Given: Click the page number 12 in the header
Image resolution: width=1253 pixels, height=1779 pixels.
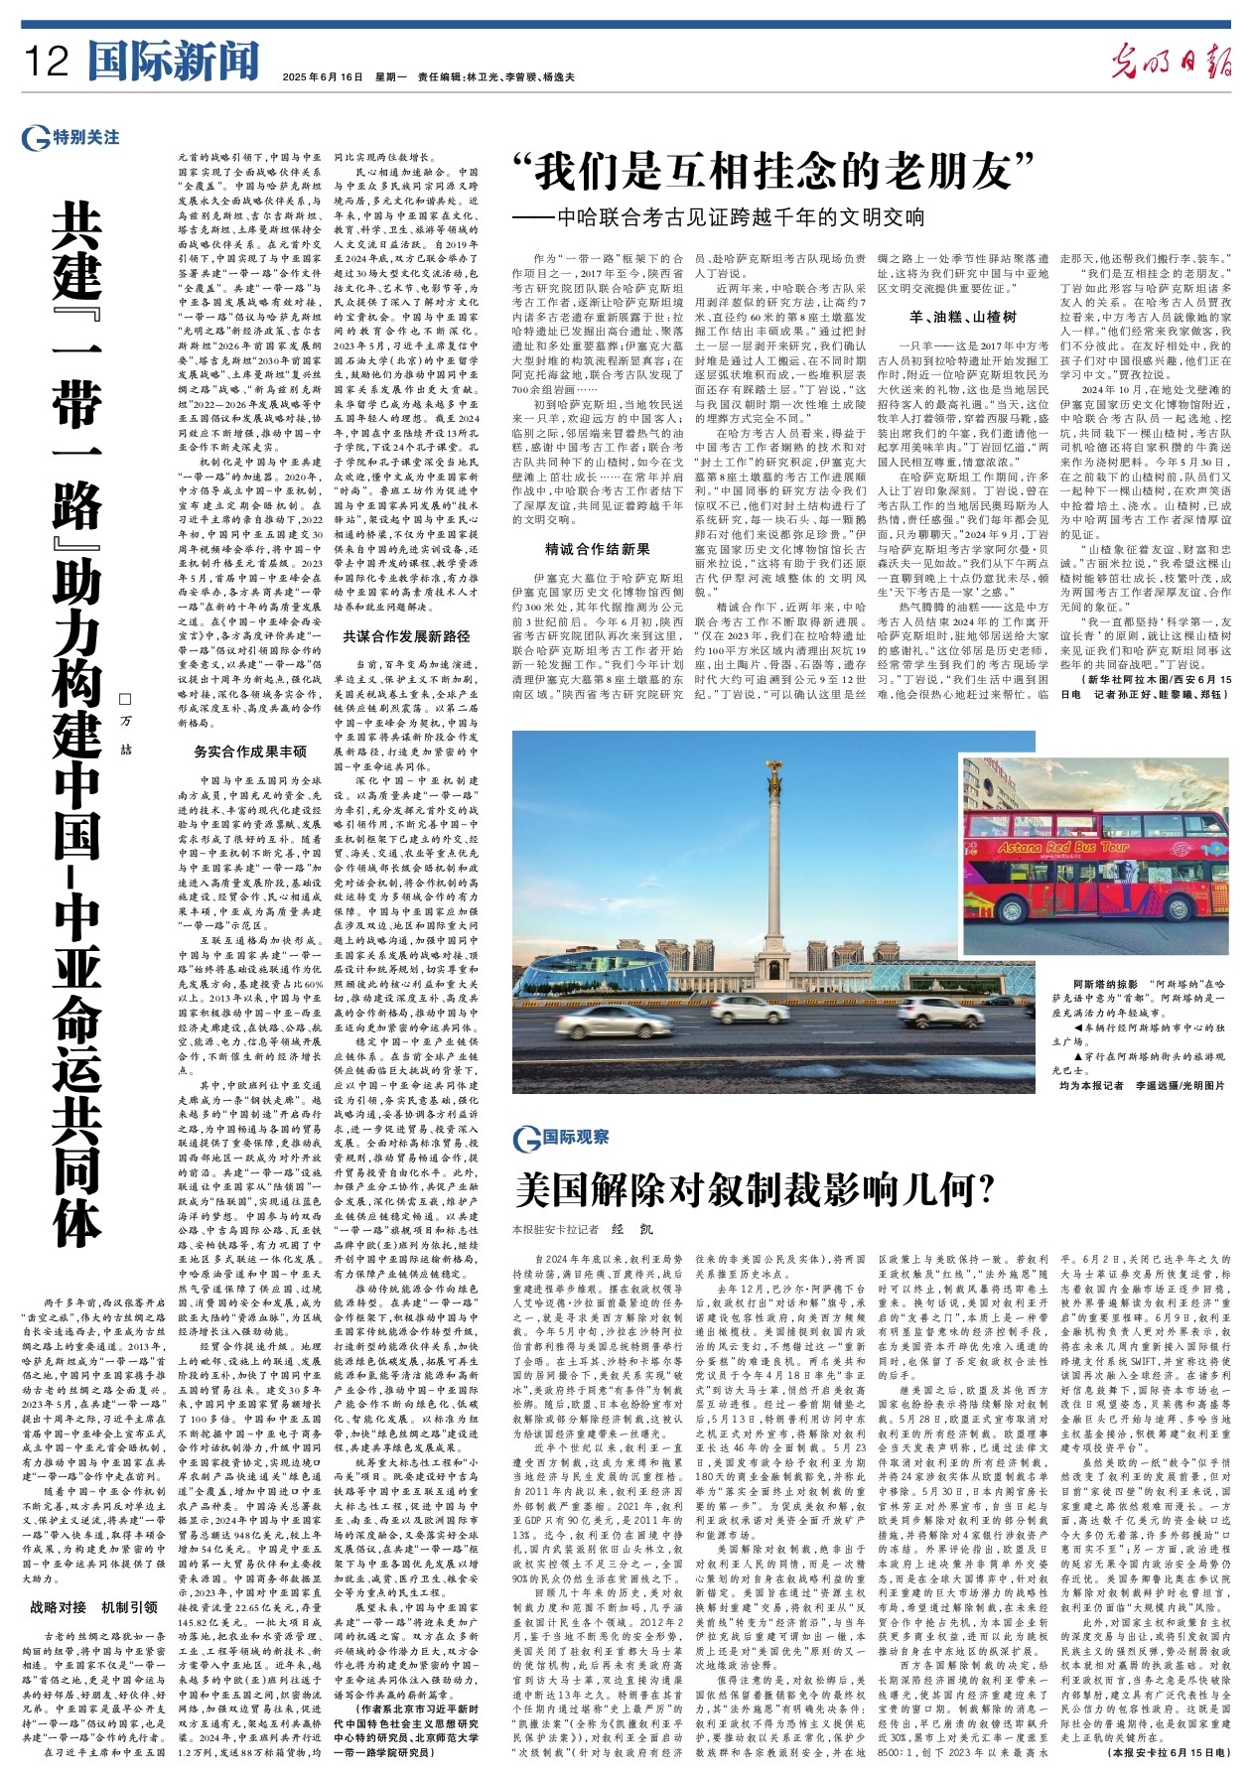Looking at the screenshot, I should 46,62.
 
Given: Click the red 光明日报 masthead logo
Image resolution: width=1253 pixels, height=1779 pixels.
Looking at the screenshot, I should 1171,63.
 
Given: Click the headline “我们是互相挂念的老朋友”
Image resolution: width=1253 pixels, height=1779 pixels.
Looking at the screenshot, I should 774,173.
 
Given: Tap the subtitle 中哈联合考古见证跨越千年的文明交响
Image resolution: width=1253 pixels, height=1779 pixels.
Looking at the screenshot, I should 740,217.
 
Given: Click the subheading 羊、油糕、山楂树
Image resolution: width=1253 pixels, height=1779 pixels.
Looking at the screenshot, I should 962,317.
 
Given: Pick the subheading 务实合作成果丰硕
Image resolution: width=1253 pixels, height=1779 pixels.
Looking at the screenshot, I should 250,752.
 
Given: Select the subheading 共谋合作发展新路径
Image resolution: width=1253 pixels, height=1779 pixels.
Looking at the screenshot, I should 406,636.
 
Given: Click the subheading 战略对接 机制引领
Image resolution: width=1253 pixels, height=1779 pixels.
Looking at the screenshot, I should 94,1606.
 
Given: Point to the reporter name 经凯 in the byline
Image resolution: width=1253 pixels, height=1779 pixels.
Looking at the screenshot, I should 632,1228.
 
